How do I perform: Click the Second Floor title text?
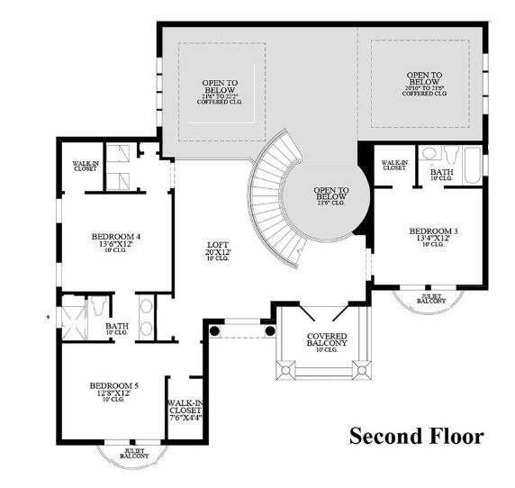coord(416,437)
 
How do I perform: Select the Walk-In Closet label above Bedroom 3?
coord(394,165)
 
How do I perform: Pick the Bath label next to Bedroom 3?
coord(441,173)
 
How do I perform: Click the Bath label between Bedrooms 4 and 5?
coord(117,329)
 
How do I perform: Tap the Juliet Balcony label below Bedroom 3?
coord(432,298)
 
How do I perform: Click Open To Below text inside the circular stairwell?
coord(330,196)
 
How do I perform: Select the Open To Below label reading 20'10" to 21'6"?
coord(424,84)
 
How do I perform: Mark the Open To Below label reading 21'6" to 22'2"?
coord(220,90)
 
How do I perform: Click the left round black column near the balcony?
coord(215,330)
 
